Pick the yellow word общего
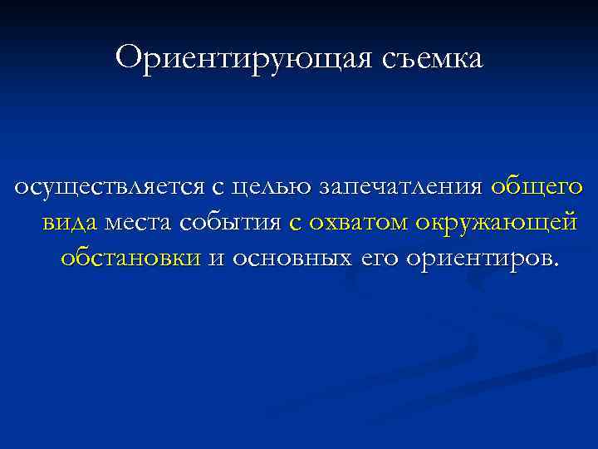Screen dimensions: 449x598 point(537,188)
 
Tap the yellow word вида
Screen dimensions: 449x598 point(67,223)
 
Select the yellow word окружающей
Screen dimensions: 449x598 point(496,223)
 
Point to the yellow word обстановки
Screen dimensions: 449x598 point(130,258)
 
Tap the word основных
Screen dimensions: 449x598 point(287,258)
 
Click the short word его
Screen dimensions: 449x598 point(375,258)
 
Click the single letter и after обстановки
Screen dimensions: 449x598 point(214,258)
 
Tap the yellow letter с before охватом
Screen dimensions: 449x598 point(297,223)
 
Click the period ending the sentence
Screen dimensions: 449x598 point(556,264)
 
